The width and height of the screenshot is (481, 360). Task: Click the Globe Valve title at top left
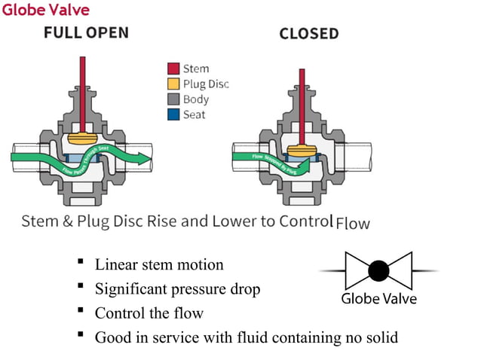click(x=45, y=10)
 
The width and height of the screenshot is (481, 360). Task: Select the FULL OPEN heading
click(x=85, y=32)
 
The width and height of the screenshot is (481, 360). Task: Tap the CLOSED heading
click(x=308, y=34)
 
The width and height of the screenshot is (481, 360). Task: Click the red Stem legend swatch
click(x=173, y=69)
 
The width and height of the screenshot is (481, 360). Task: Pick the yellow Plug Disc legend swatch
click(x=173, y=84)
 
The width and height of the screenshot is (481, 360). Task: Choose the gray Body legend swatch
click(x=173, y=99)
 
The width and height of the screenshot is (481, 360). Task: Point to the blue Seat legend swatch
click(x=173, y=114)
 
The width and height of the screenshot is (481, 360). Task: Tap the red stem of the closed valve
click(x=302, y=98)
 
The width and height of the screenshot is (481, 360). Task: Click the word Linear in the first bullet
click(x=115, y=265)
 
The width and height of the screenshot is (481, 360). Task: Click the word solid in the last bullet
click(x=380, y=337)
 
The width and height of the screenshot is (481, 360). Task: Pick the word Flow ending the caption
click(x=352, y=224)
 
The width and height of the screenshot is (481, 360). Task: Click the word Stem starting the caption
click(x=38, y=221)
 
